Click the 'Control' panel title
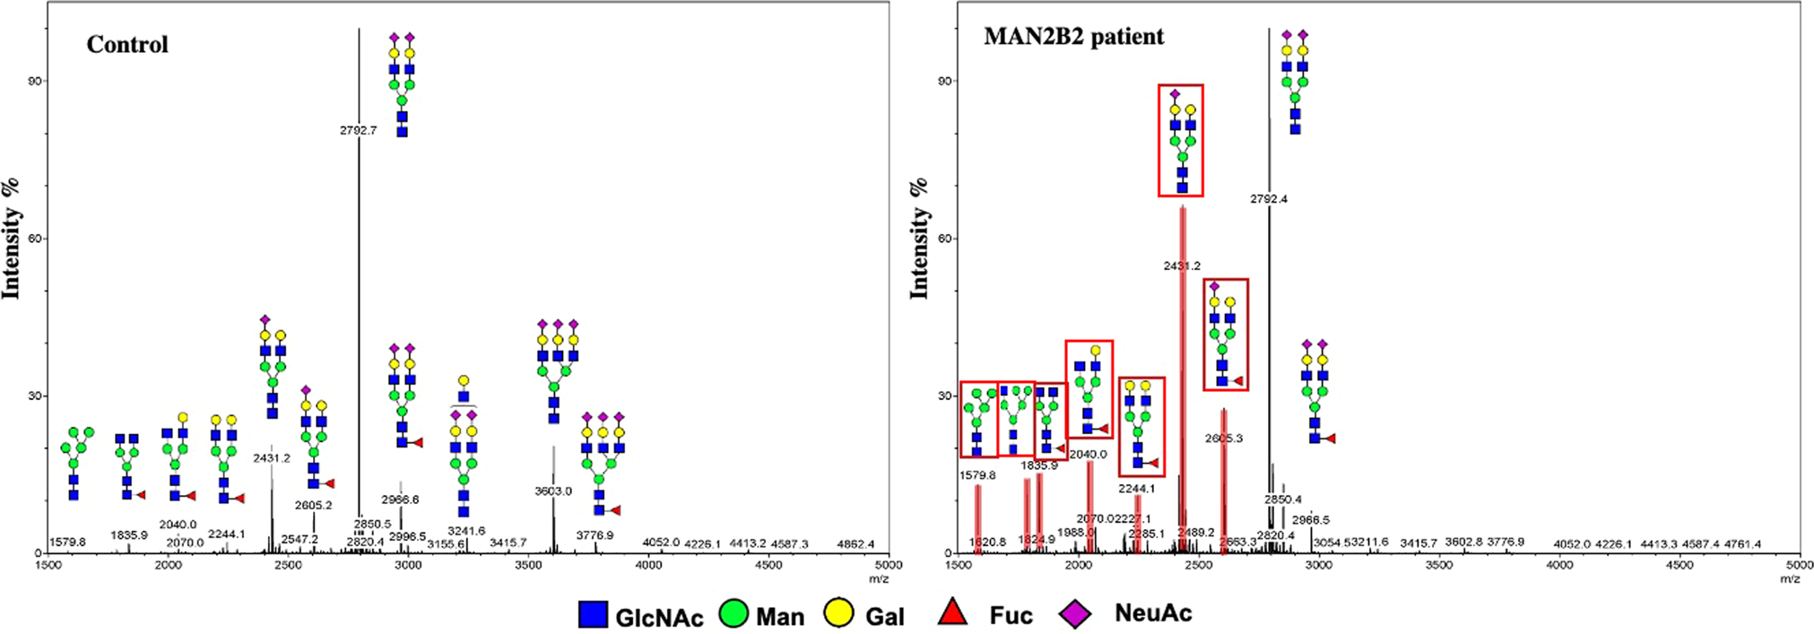point(126,45)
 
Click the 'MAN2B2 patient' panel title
point(1073,37)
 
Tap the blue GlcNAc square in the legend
point(593,615)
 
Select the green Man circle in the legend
point(733,615)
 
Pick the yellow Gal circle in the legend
point(838,615)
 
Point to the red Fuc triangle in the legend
point(952,613)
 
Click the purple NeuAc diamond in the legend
point(1075,614)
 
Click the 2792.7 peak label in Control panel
point(358,130)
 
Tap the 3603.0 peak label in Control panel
point(553,491)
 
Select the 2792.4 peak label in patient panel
point(1268,199)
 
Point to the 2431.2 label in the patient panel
point(1182,266)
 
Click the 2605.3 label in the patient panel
point(1224,439)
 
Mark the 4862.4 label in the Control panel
point(855,544)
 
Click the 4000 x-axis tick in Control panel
point(648,565)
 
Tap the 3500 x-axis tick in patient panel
point(1438,565)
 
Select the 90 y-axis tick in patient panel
point(945,81)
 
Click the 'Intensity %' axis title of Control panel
point(11,239)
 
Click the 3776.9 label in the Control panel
point(595,535)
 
